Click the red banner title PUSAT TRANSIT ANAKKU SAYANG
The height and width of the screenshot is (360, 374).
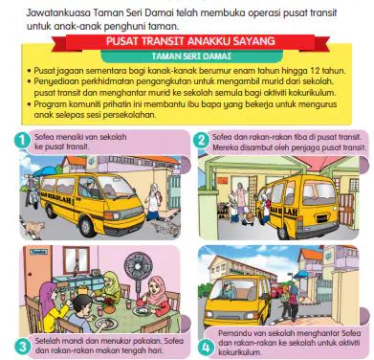click(x=190, y=41)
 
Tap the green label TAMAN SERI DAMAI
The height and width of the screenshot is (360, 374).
click(x=191, y=56)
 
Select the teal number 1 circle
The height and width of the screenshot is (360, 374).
click(x=22, y=141)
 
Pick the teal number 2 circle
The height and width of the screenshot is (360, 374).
click(x=201, y=141)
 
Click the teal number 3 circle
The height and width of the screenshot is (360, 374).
click(x=22, y=347)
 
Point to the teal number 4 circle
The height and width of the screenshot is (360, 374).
click(x=206, y=347)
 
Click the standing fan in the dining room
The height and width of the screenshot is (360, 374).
click(x=138, y=278)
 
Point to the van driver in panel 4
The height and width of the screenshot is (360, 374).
click(x=229, y=288)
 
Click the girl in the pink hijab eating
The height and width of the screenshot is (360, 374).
click(x=153, y=294)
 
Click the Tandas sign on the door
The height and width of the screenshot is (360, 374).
click(x=39, y=252)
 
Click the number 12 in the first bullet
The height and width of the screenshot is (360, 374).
click(x=315, y=71)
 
